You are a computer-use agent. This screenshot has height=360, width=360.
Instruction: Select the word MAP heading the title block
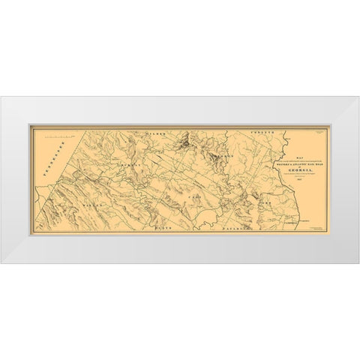point(288,138)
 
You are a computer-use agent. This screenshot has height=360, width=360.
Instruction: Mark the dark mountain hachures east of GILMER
point(184,138)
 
